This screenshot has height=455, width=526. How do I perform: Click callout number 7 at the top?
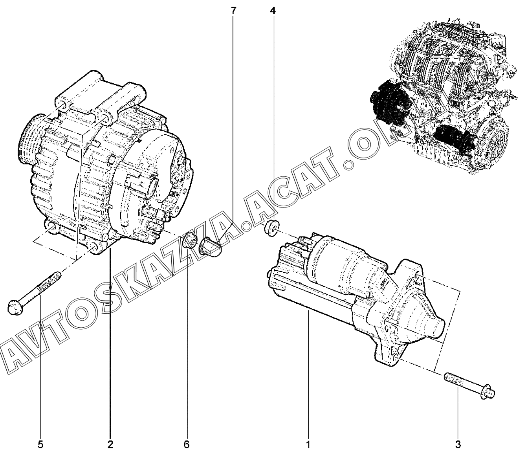coord(233,11)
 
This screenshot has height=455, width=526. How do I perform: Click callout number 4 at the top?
coord(273,11)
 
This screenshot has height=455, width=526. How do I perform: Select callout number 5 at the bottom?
coord(40,444)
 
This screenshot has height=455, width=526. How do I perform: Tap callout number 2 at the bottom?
coord(110,444)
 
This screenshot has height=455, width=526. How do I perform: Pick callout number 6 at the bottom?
coord(187,444)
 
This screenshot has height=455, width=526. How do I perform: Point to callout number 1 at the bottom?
coord(308,444)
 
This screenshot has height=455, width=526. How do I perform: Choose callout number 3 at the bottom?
coord(458,444)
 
